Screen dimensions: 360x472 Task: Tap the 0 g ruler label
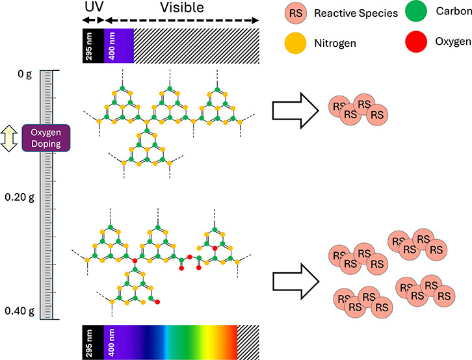tap(25, 75)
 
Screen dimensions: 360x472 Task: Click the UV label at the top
tap(94, 8)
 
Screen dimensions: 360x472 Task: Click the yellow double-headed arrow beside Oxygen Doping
tap(9, 138)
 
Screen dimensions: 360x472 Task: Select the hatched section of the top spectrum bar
tap(196, 45)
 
